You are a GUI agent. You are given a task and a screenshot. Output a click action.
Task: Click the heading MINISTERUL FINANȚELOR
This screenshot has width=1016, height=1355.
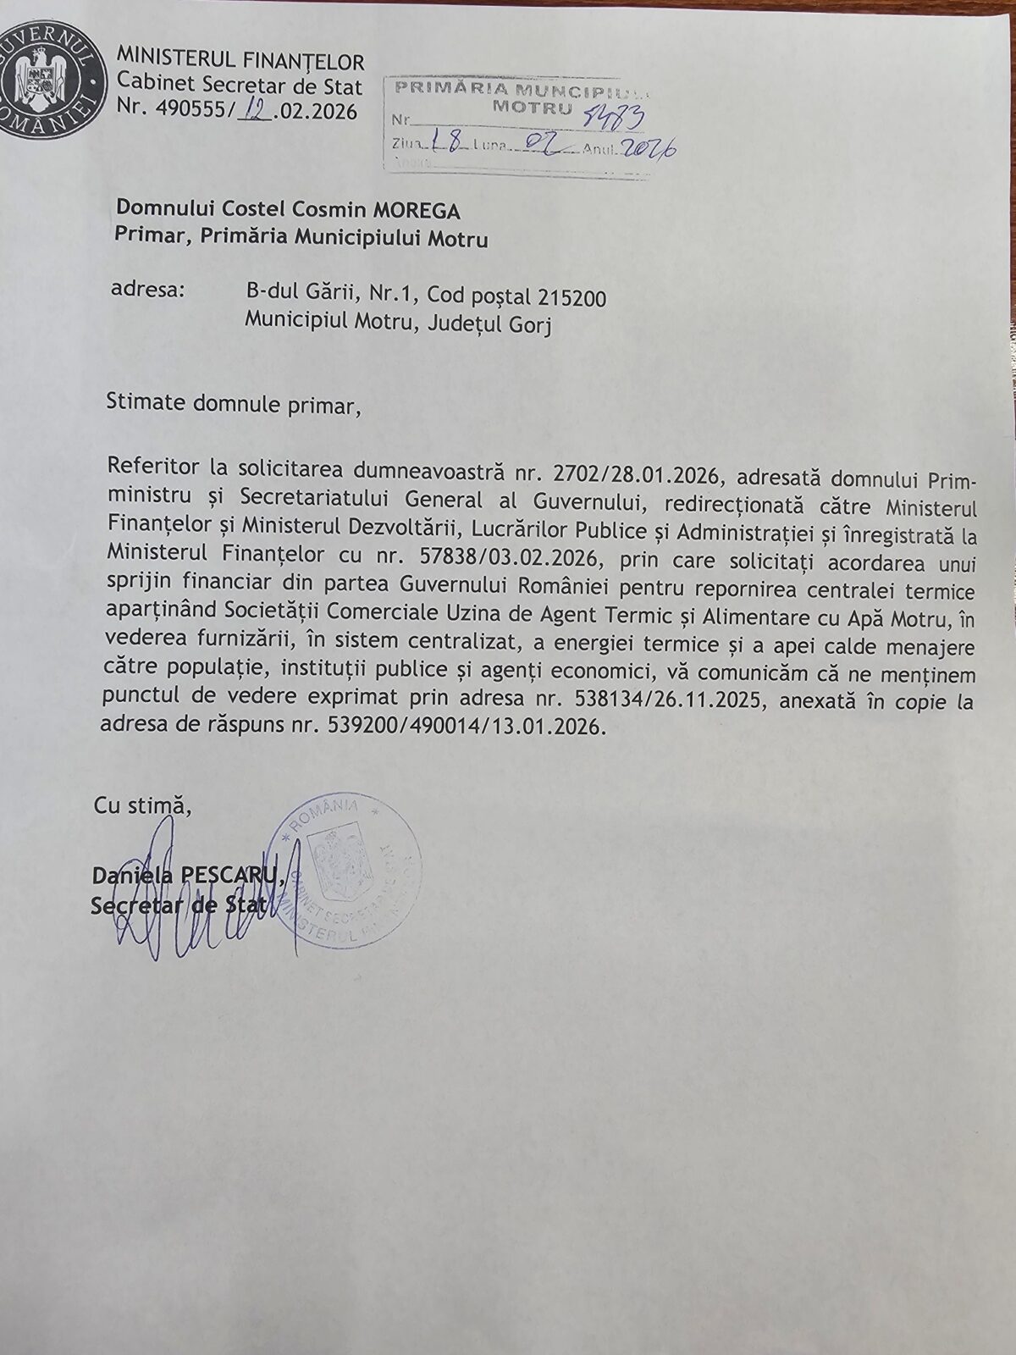[240, 61]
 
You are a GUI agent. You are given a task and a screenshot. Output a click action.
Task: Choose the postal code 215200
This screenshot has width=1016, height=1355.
[572, 297]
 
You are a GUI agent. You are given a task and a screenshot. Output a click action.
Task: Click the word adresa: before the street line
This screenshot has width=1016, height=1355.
[147, 291]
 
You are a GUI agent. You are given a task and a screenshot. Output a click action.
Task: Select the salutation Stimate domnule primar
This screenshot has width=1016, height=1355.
[233, 403]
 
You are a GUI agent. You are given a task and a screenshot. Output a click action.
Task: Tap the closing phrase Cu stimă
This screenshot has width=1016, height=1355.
[142, 805]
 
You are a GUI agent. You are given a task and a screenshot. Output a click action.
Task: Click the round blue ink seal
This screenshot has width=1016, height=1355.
[345, 868]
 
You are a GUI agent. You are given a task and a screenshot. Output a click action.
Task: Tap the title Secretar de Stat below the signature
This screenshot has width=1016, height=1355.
[179, 907]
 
